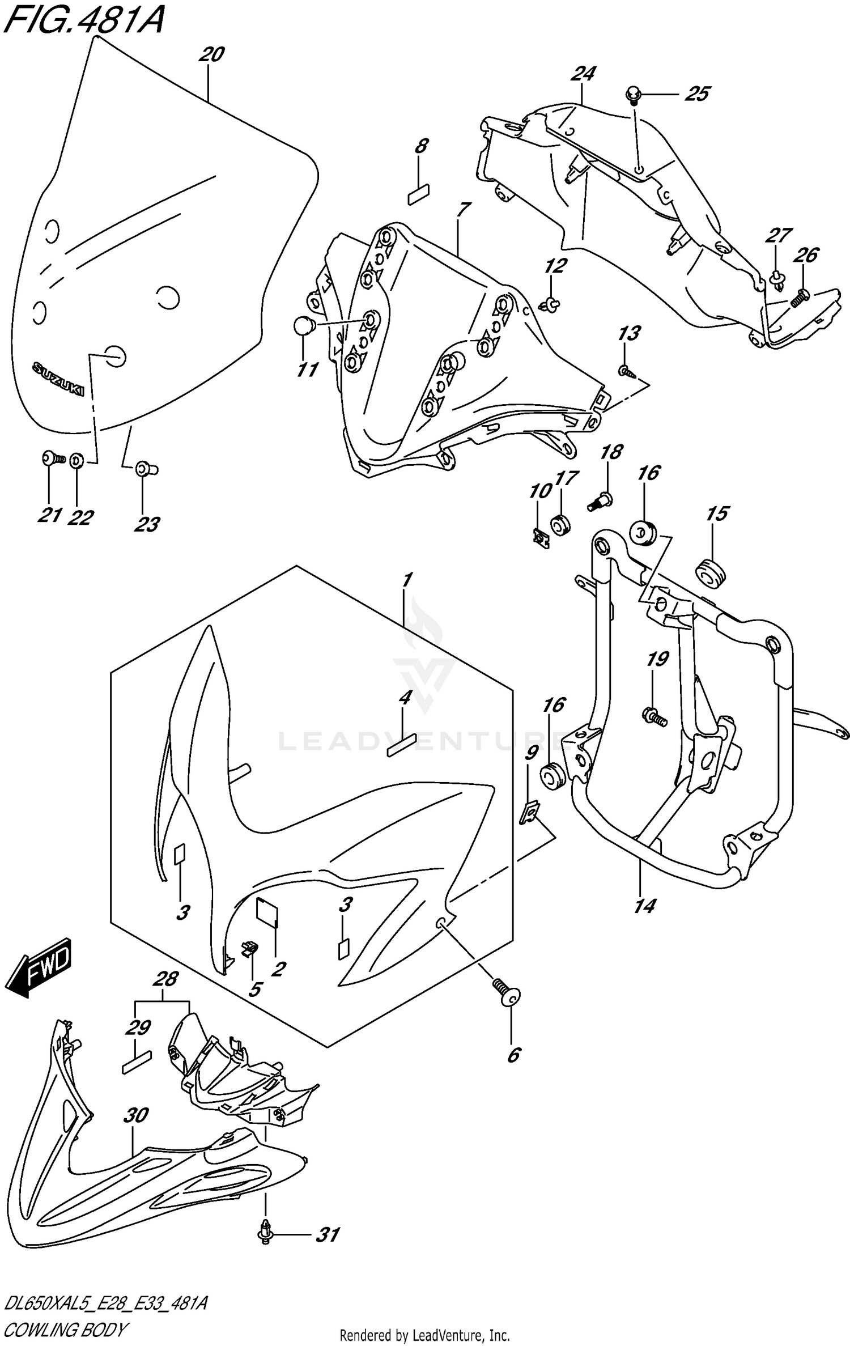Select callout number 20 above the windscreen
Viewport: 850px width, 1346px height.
212,55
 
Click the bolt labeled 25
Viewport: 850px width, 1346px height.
632,94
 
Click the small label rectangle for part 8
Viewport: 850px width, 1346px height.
418,194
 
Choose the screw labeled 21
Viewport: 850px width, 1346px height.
52,458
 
